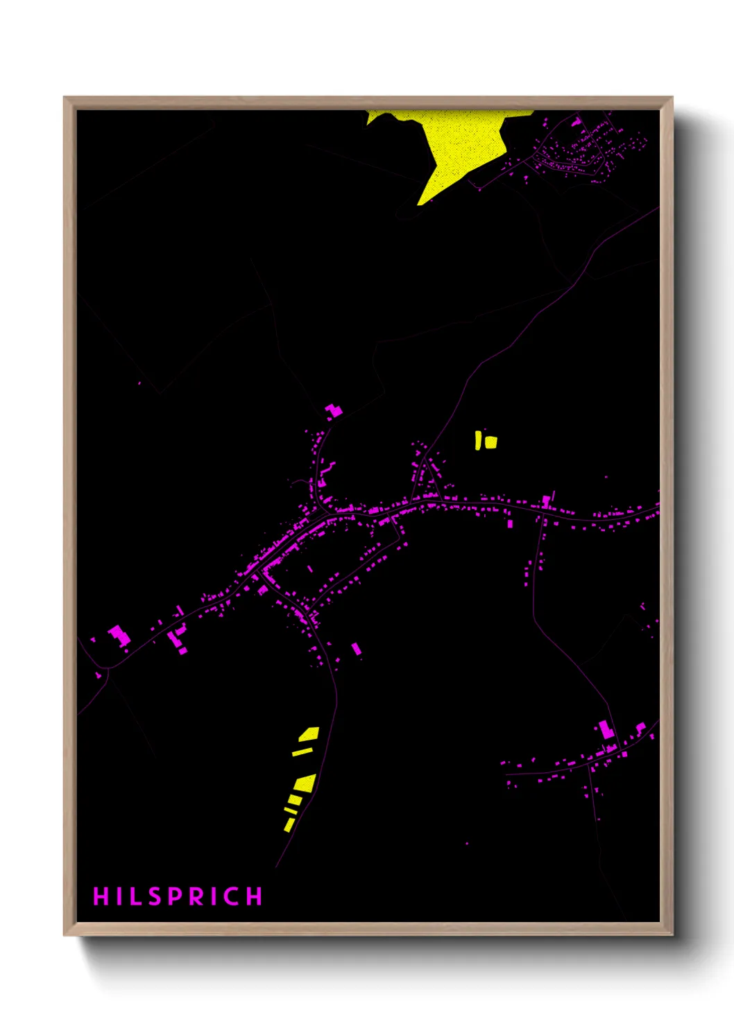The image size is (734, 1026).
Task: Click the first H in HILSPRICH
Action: point(101,896)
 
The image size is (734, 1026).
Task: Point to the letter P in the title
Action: point(176,896)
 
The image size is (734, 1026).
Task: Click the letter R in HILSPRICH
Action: point(197,896)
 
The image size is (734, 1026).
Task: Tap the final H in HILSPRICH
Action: point(255,896)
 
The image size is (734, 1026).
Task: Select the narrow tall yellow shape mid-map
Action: point(478,440)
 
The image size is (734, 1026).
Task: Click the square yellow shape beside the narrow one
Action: point(491,442)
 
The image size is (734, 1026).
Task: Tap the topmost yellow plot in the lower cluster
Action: point(309,733)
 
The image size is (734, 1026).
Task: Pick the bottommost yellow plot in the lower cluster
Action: point(289,825)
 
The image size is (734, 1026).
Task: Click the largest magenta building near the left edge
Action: point(119,635)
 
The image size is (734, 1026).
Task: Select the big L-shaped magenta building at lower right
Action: point(607,730)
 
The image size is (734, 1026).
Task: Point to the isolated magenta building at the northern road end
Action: point(334,410)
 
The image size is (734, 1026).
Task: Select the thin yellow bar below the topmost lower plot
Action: point(302,751)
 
